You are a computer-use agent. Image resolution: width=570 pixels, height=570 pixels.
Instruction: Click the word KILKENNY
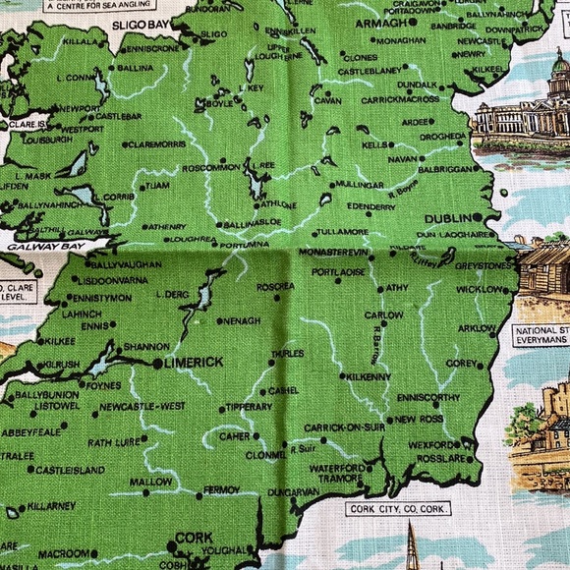tap(369, 376)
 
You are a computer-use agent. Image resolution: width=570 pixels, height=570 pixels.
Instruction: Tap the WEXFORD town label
tap(433, 444)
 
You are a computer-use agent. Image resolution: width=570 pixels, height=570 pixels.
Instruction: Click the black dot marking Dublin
tap(477, 217)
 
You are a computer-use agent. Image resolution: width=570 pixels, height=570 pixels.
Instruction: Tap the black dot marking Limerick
tap(157, 364)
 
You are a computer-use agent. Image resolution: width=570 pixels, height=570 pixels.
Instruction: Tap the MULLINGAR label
tap(360, 184)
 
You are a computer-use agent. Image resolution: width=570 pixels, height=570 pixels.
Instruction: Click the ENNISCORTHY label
tap(427, 397)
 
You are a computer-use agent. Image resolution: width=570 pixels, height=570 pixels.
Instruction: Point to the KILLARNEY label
tap(51, 505)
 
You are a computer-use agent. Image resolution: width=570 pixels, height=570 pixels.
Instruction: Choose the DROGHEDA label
tap(445, 136)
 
